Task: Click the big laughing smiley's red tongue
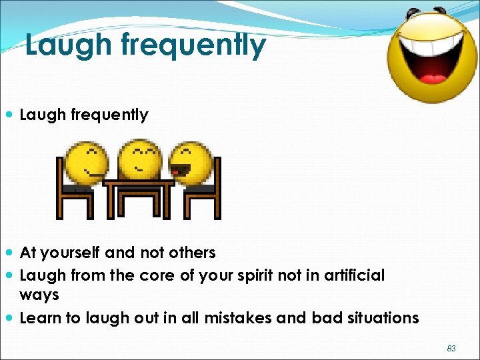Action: (x=433, y=79)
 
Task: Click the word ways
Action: (x=39, y=295)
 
